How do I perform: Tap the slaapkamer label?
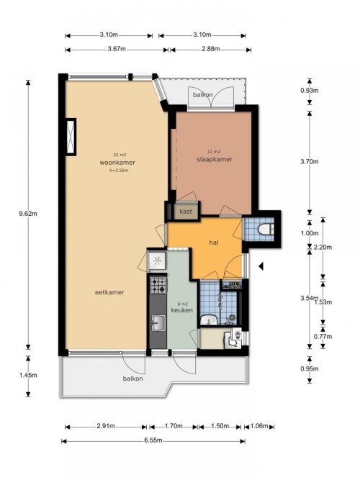click(215, 159)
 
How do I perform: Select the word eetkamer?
click(109, 292)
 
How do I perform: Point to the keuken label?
click(182, 310)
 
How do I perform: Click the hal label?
click(214, 243)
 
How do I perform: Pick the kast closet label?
click(186, 212)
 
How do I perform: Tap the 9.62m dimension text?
click(28, 214)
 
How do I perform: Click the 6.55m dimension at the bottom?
click(153, 440)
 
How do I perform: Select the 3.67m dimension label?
click(117, 49)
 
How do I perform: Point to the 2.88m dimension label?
click(211, 49)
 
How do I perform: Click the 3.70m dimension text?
click(310, 162)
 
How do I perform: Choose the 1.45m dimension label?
click(28, 375)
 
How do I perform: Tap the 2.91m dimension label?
click(106, 426)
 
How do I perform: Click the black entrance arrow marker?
click(261, 266)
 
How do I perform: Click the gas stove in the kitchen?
click(158, 285)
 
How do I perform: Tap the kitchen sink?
click(158, 322)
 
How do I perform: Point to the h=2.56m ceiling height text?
click(119, 171)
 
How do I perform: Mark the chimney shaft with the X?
click(71, 137)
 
